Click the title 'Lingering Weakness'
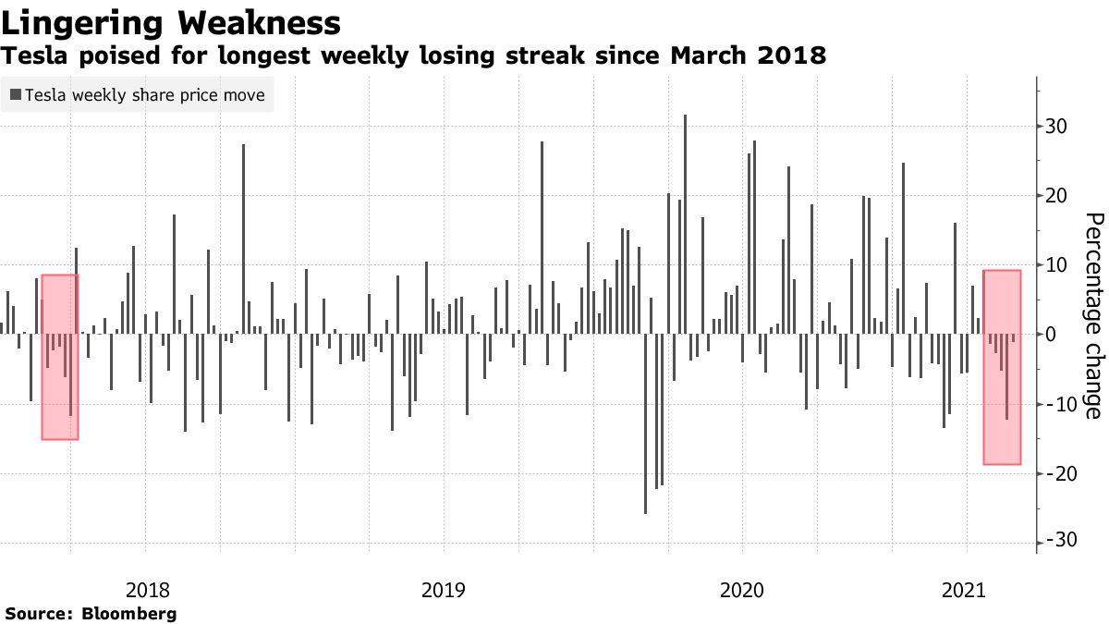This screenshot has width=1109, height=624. [171, 22]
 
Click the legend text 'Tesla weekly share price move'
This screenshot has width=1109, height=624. [145, 95]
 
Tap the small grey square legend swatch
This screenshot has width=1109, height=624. [16, 95]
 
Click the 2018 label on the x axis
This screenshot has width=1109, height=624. [146, 589]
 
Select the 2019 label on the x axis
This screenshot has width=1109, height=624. [444, 589]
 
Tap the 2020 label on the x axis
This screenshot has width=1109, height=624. [742, 589]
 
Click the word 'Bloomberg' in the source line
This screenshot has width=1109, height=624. [129, 613]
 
